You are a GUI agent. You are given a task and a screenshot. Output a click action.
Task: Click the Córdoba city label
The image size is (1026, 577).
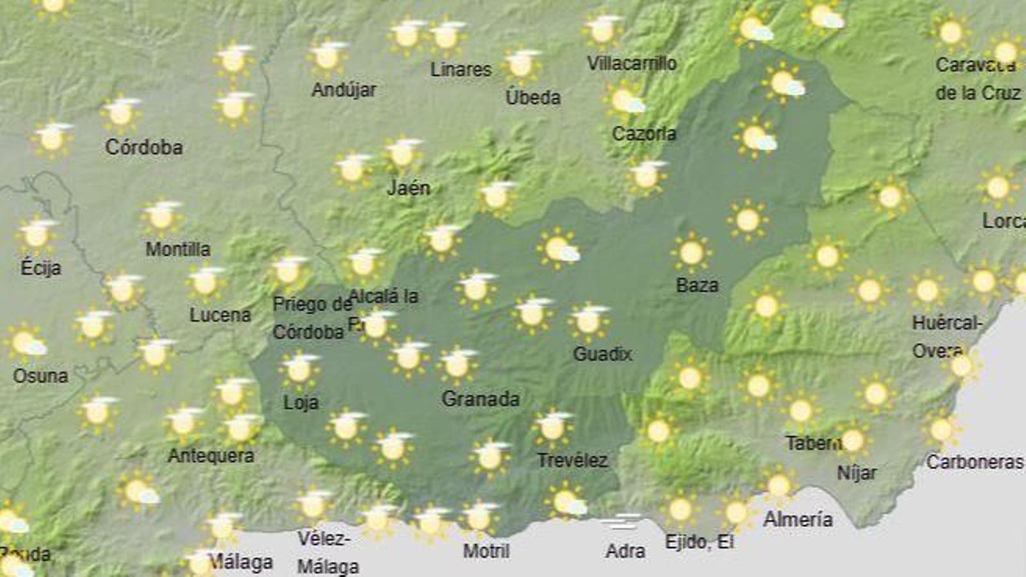144,147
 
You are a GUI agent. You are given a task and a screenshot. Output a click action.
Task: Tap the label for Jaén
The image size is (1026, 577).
408,188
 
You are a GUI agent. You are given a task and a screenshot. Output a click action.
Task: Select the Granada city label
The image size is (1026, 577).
480,399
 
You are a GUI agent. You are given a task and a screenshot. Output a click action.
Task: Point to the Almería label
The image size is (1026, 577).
798,519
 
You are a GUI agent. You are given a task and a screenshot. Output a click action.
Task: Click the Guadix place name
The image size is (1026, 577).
602,353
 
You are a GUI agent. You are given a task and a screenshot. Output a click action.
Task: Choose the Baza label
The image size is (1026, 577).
697,285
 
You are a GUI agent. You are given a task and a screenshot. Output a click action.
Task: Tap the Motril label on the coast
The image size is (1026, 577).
486,551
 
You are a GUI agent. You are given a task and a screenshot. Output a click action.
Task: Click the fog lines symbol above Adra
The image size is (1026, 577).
621,522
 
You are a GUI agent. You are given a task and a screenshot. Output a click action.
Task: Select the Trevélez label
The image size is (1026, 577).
572,460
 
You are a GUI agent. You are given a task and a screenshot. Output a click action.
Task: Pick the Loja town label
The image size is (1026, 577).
301,403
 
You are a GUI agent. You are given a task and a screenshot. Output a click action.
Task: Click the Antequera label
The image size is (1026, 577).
211,456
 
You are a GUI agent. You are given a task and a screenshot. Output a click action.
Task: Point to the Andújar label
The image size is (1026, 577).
344,90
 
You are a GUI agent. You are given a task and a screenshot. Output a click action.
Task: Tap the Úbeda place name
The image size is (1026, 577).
533,97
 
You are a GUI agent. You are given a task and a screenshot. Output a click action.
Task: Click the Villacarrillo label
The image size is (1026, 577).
632,63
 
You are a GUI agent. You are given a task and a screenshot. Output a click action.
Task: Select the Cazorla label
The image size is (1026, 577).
644,133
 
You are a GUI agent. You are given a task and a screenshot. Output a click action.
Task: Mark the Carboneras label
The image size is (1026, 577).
974,462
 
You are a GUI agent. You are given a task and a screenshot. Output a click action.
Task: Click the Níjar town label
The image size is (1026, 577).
857,473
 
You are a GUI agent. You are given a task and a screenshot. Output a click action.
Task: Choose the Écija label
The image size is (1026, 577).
40,267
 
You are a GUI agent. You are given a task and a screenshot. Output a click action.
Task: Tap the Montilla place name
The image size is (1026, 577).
178,249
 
